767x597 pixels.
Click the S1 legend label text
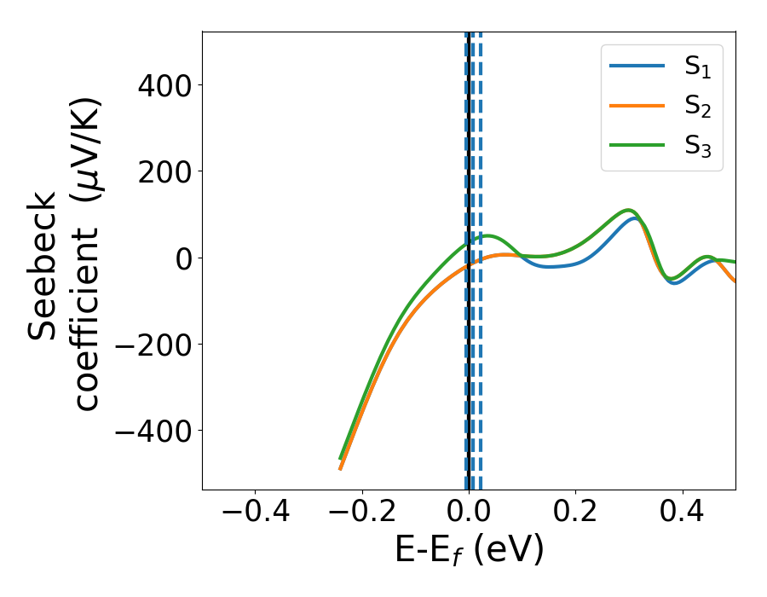tap(697, 68)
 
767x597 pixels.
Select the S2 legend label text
tap(697, 107)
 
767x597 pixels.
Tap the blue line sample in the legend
tap(636, 67)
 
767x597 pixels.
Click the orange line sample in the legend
tap(636, 105)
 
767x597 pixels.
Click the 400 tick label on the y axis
tap(159, 85)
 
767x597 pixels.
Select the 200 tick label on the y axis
tap(159, 171)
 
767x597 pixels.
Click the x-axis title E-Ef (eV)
tap(469, 551)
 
